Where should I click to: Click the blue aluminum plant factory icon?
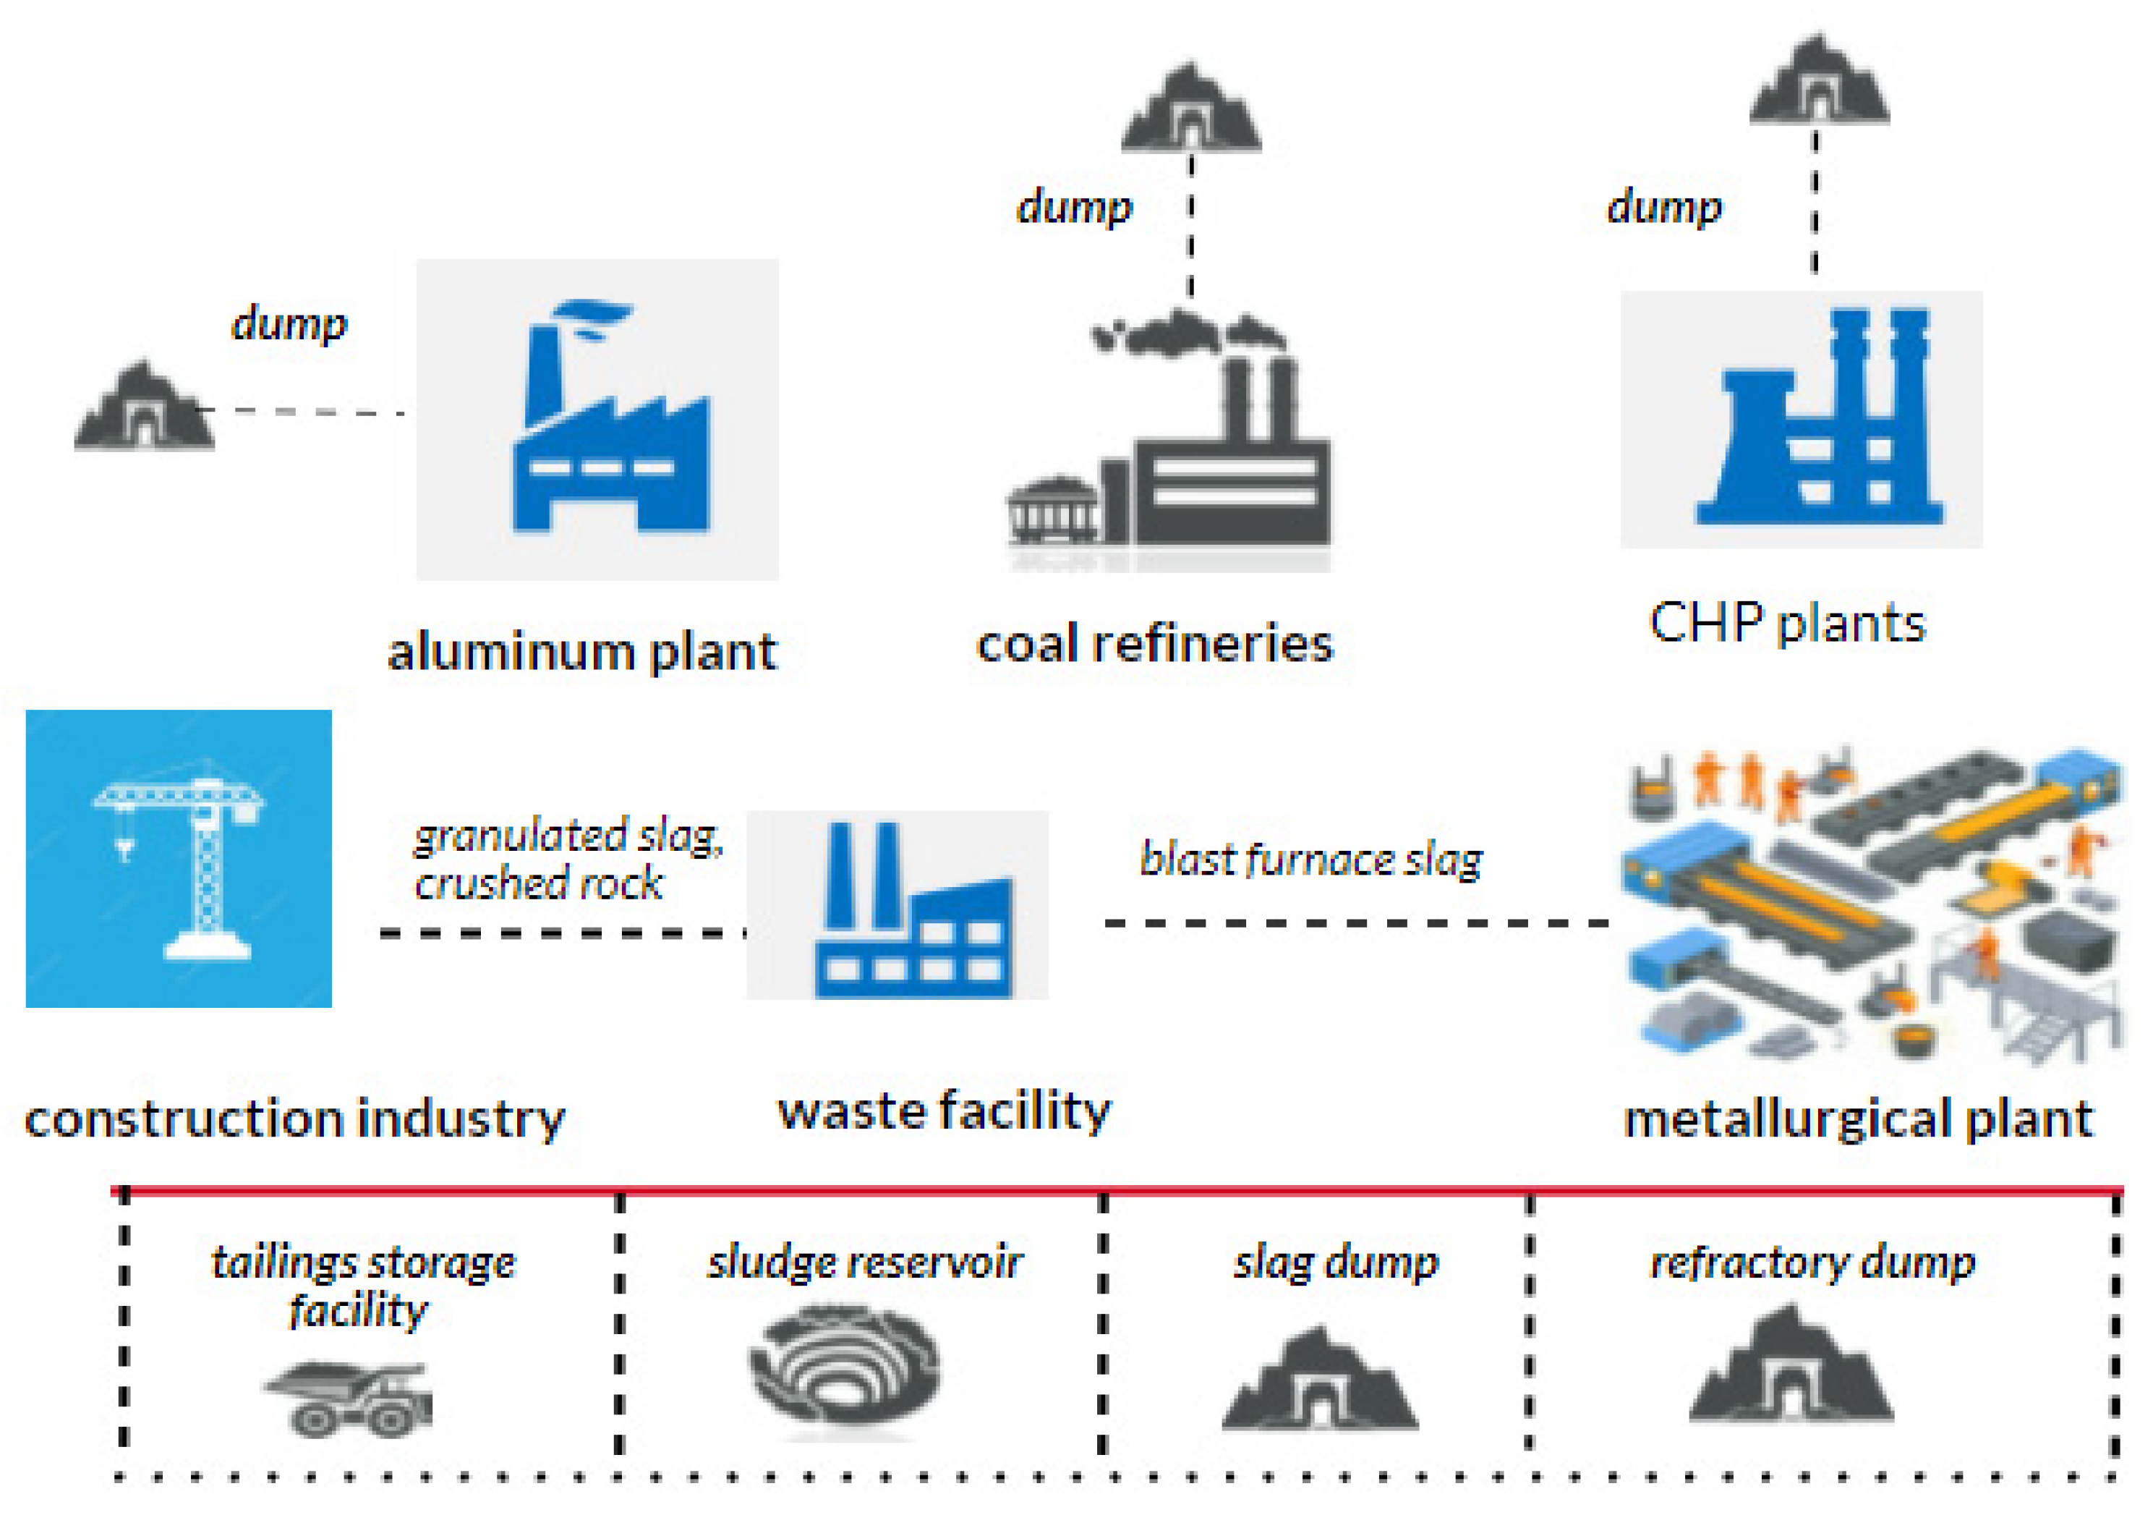click(x=610, y=431)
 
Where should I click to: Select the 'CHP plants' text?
click(x=1786, y=623)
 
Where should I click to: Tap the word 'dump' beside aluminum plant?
click(x=289, y=323)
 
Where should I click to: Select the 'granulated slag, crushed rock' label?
click(x=567, y=858)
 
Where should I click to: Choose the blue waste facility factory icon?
click(x=914, y=914)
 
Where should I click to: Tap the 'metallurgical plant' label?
click(x=1856, y=1119)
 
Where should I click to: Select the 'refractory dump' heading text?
click(x=1812, y=1262)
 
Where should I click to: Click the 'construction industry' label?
click(x=294, y=1119)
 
